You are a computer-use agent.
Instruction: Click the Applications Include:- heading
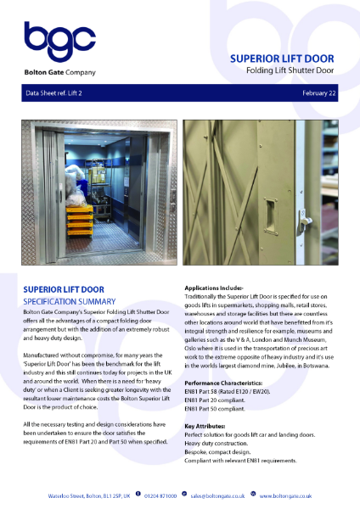click(x=219, y=288)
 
